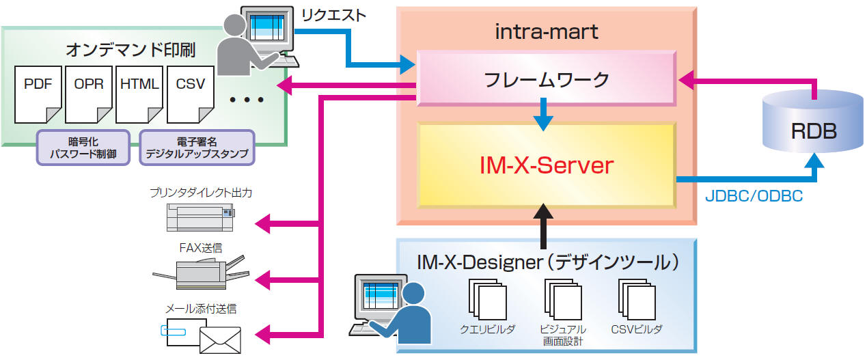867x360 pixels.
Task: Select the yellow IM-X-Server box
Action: [546, 165]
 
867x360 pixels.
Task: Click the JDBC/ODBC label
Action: [753, 196]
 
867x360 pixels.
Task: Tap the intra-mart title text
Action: [546, 31]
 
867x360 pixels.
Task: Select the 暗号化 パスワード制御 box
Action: [83, 148]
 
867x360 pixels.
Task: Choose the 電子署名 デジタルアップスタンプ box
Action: [197, 148]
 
